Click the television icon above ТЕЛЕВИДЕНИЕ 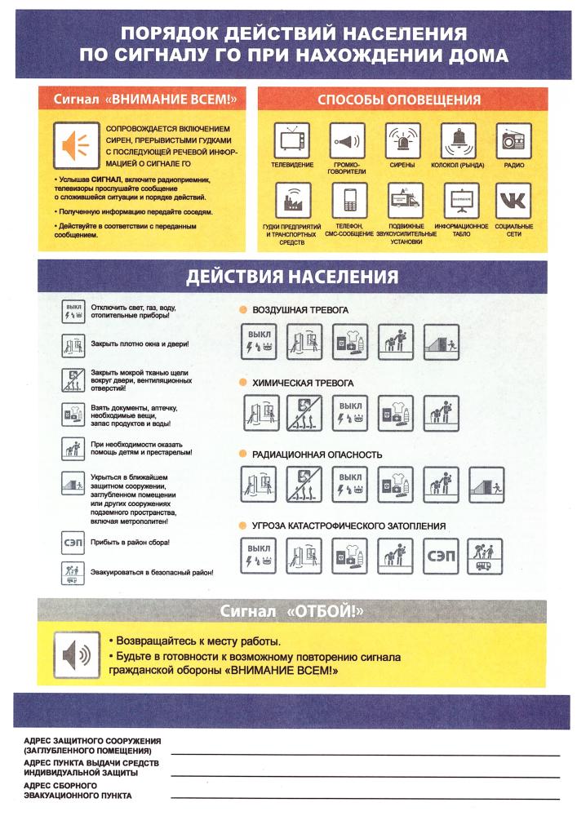point(292,140)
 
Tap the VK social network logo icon point(513,201)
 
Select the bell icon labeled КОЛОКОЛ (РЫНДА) point(458,140)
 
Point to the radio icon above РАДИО point(513,140)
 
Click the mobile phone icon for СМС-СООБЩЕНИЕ point(349,201)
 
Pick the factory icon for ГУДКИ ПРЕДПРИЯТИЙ point(293,201)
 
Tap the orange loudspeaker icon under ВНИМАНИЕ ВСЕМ point(76,145)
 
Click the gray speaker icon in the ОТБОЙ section point(77,654)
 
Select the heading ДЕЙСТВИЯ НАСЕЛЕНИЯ point(292,277)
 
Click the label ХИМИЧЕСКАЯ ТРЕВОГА point(303,383)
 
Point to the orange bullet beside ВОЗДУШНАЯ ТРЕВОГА point(243,309)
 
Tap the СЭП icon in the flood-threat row point(440,557)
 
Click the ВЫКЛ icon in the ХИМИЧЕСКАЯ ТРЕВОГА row point(349,413)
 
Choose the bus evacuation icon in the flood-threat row point(485,557)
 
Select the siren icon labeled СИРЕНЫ point(402,140)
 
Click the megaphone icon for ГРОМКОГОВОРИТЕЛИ point(347,140)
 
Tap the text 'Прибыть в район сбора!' point(130,543)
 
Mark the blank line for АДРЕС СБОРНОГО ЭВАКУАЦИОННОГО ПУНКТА point(366,798)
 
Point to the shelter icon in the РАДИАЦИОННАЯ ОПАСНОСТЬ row point(486,485)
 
